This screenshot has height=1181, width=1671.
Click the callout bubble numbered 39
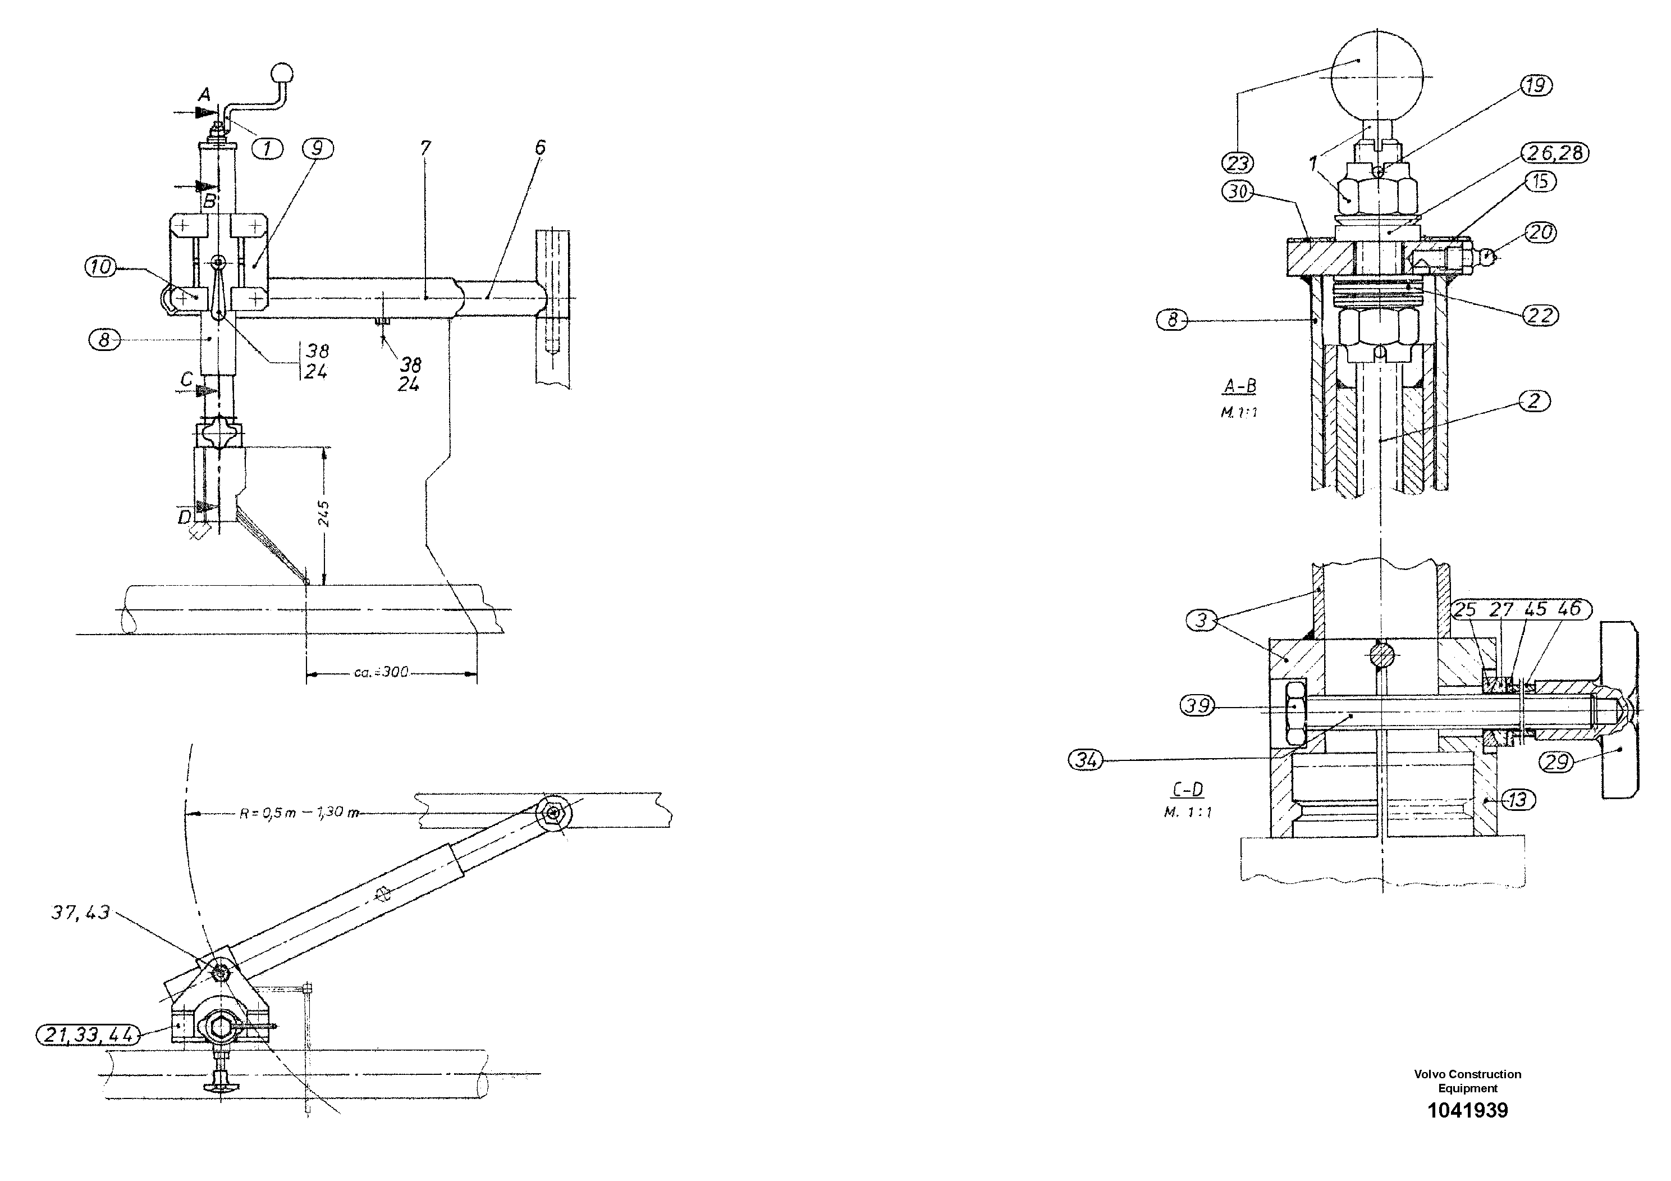[x=1197, y=705]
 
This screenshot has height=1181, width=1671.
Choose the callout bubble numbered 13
[x=1517, y=801]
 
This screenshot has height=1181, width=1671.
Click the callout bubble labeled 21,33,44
[x=88, y=1034]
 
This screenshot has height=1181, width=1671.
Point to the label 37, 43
[x=80, y=913]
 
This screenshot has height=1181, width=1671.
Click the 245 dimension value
[x=324, y=513]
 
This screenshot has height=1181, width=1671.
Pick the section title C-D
[x=1188, y=790]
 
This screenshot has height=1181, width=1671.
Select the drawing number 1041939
[x=1467, y=1110]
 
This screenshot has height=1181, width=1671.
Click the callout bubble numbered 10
[x=101, y=267]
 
